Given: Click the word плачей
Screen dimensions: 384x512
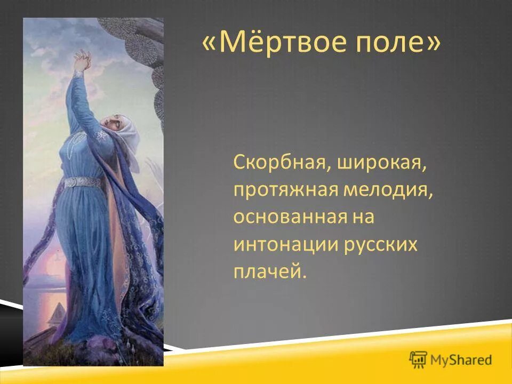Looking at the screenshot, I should (x=270, y=272).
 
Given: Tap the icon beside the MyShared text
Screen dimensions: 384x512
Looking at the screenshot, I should (x=419, y=359).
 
